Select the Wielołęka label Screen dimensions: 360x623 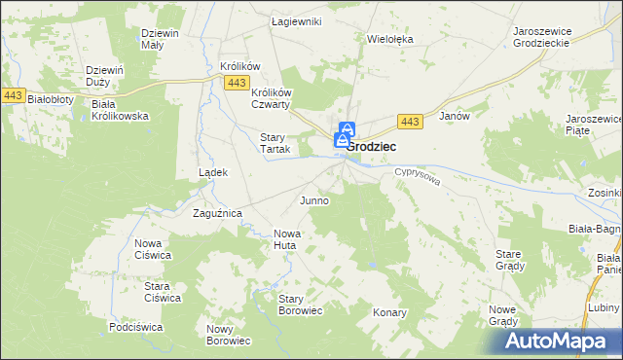click(x=390, y=40)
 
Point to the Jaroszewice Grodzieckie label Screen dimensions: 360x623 click(x=546, y=37)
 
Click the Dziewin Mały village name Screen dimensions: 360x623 click(x=160, y=40)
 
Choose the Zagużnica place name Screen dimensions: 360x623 click(x=217, y=213)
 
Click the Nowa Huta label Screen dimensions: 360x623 click(x=288, y=239)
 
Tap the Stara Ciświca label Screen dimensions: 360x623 click(x=164, y=292)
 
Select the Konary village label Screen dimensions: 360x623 click(x=389, y=313)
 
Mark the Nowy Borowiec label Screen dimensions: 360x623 click(x=229, y=335)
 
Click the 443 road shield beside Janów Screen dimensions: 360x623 click(x=410, y=121)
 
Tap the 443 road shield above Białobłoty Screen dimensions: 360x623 click(x=13, y=94)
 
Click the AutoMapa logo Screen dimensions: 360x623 click(x=559, y=342)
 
